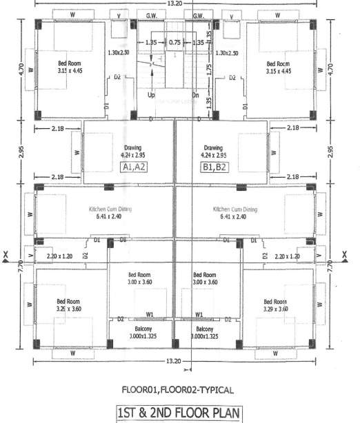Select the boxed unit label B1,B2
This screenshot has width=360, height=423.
(214, 167)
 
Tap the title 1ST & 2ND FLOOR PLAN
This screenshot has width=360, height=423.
(179, 414)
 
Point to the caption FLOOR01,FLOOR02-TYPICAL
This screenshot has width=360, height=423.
(179, 389)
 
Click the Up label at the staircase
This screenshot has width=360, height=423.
(151, 95)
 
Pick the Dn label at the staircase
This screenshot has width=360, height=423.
(196, 95)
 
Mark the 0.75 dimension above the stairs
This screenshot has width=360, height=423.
(174, 42)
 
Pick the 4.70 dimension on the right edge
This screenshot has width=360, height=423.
(331, 69)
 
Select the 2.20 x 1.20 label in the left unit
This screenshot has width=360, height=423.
(60, 256)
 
